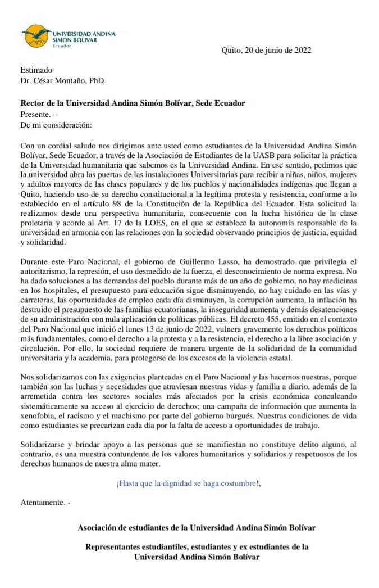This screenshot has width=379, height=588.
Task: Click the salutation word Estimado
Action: pos(36,70)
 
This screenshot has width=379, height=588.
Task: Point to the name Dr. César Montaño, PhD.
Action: pos(62,80)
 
